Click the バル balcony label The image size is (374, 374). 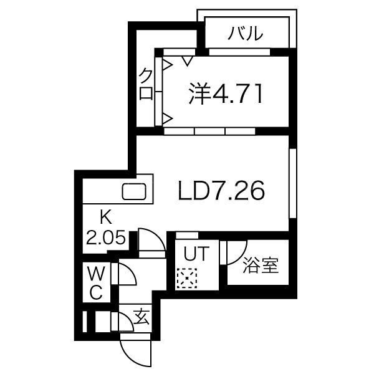click(x=245, y=33)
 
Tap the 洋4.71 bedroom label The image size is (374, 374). click(x=226, y=94)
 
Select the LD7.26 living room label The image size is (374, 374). click(x=221, y=190)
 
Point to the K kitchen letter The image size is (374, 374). click(x=106, y=218)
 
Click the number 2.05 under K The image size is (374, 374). click(x=106, y=237)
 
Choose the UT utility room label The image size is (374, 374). click(x=196, y=254)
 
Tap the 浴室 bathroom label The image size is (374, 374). click(x=261, y=266)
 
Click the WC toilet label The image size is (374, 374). click(x=97, y=283)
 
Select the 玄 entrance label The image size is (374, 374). click(x=141, y=317)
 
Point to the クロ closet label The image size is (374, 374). click(x=146, y=84)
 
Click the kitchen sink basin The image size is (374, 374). click(x=134, y=191)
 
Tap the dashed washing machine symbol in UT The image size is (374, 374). click(x=187, y=278)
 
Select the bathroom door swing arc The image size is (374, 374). click(x=241, y=257)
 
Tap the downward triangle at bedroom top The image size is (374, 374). click(x=187, y=61)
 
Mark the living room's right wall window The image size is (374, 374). click(x=293, y=183)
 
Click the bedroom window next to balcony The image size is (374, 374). click(x=239, y=52)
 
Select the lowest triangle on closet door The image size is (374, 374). click(x=168, y=118)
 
